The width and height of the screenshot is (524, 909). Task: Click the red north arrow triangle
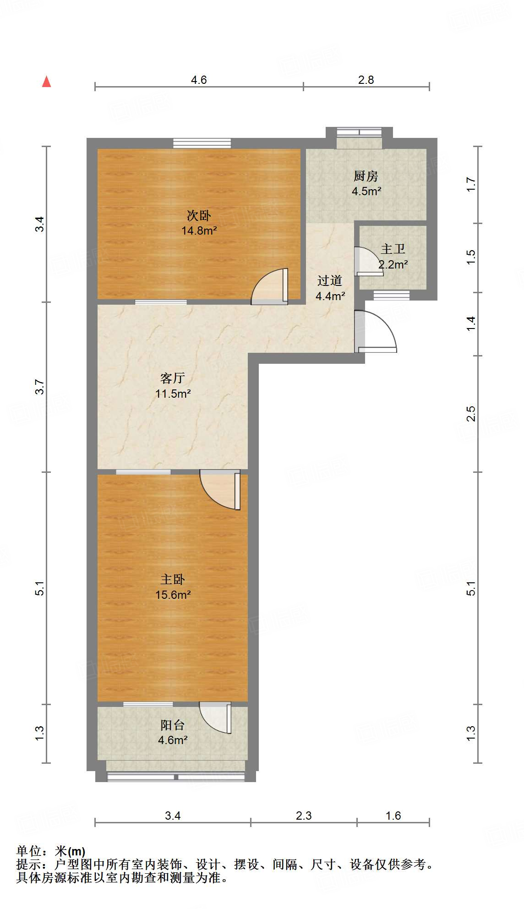[x=46, y=82]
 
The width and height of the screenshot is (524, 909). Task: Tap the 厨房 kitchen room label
[x=366, y=176]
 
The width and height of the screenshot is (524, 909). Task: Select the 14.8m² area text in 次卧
[x=199, y=230]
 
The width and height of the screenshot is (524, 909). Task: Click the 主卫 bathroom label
[x=393, y=249]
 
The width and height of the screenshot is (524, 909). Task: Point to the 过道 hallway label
[x=330, y=280]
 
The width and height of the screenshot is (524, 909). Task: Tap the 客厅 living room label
[x=173, y=378]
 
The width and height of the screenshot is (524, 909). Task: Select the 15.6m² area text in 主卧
[x=173, y=595]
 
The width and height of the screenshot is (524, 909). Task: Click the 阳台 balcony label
[x=173, y=725]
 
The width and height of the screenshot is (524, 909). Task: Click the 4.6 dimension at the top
[x=199, y=80]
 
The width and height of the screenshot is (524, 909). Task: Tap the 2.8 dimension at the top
[x=366, y=80]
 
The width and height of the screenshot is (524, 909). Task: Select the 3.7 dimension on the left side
[x=40, y=387]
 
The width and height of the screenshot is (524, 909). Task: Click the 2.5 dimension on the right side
[x=471, y=414]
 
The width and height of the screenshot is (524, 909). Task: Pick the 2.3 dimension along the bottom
[x=304, y=816]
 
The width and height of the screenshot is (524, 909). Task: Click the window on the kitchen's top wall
[x=359, y=132]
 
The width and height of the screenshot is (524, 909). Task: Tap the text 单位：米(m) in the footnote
[x=51, y=851]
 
